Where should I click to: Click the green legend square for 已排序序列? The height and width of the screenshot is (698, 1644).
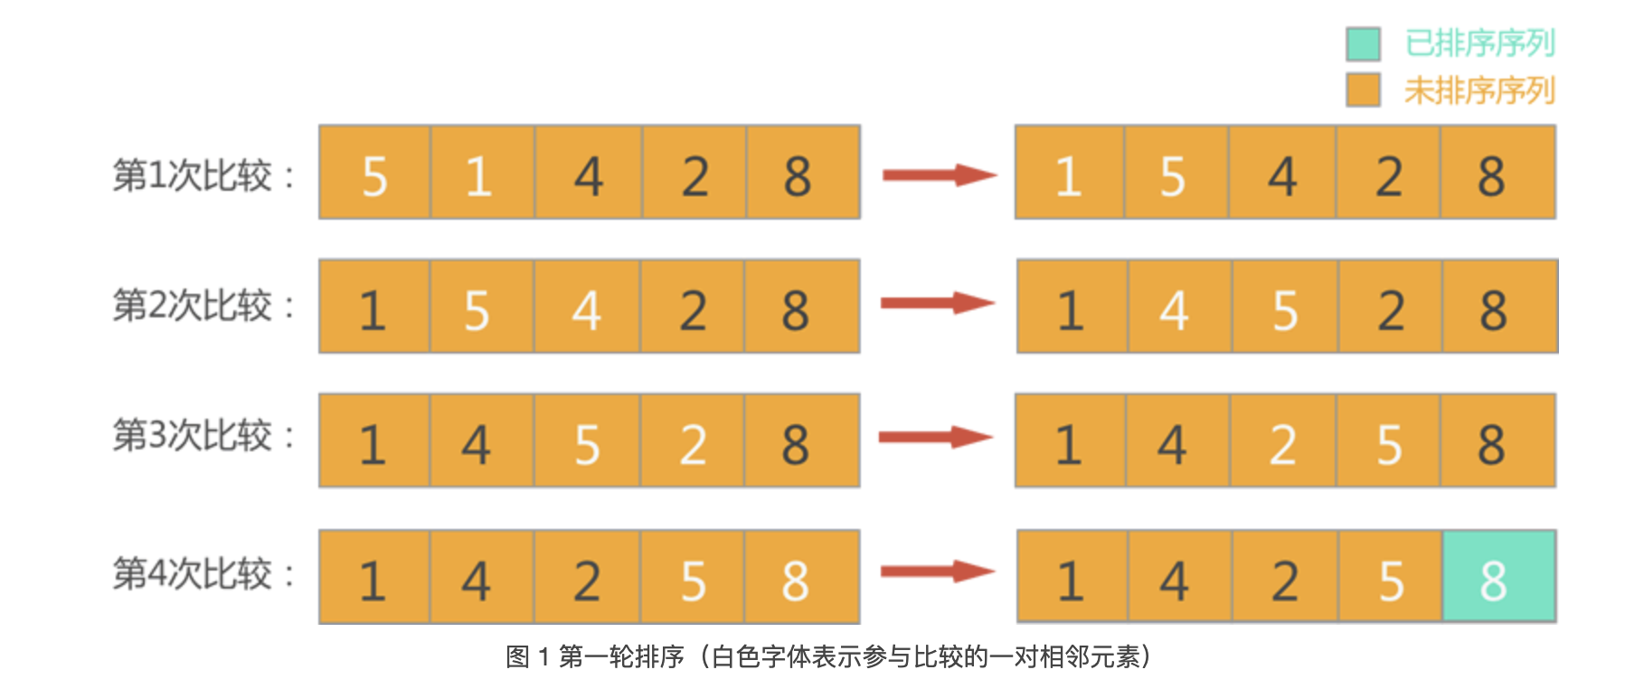point(1363,43)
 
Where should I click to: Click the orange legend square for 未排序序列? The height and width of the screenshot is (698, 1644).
point(1363,90)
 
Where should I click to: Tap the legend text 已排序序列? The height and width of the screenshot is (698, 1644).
point(1479,43)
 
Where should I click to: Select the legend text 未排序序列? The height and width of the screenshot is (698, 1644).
point(1479,90)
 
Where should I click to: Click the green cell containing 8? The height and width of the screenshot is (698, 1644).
point(1498,577)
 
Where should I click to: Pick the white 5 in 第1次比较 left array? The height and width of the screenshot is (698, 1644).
point(374,175)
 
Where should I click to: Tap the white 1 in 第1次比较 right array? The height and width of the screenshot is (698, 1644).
point(1069,175)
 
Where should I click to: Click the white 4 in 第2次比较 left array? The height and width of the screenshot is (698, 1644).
point(587,310)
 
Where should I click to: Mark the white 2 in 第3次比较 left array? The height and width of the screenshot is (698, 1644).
point(693,445)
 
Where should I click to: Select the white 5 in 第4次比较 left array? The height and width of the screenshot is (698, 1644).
point(693,580)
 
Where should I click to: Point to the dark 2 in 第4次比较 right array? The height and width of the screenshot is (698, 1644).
point(1285,580)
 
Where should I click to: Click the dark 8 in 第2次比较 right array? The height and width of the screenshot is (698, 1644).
point(1493,310)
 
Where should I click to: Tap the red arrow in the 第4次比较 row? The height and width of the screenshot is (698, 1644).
point(937,571)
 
